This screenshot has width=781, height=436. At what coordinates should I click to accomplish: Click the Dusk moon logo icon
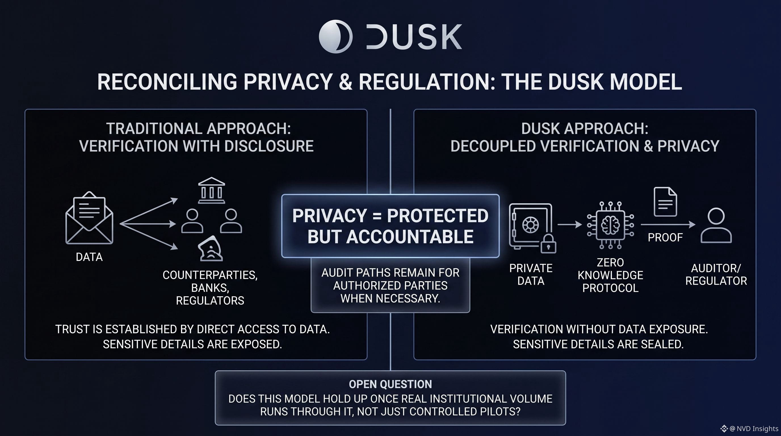[x=336, y=37]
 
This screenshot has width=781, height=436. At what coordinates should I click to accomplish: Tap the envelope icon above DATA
[x=89, y=218]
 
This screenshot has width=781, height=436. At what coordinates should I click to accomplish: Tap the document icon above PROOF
[x=665, y=202]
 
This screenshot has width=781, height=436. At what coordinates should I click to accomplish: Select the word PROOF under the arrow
[x=665, y=237]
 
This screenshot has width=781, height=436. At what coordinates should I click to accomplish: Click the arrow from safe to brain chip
[x=570, y=225]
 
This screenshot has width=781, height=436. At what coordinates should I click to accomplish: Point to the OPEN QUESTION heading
[x=390, y=384]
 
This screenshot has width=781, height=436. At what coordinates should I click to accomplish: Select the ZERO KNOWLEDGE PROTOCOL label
[x=610, y=275]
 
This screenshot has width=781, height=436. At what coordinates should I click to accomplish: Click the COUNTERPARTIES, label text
[x=210, y=275]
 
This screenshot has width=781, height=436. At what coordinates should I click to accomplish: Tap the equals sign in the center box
[x=377, y=216]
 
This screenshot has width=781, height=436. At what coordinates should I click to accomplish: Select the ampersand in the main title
[x=346, y=82]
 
